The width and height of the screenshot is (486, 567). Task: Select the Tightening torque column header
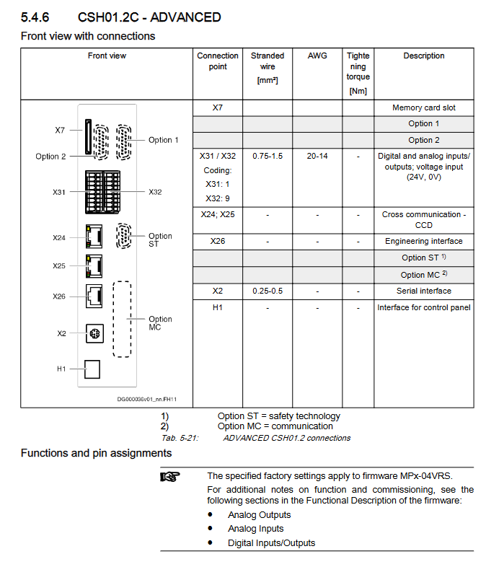pos(358,72)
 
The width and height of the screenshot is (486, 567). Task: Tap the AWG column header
pos(317,56)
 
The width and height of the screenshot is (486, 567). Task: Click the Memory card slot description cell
pos(423,107)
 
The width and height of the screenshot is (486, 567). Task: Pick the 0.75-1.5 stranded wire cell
pos(268,156)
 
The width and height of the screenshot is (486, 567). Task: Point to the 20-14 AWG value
pos(317,156)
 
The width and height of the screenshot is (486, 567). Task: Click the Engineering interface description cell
pos(423,241)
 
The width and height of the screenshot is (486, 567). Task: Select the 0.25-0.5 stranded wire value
pos(268,291)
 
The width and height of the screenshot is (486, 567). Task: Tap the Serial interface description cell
pos(423,291)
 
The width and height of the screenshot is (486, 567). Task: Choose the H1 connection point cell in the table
pos(217,307)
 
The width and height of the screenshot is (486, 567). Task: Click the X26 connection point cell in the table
pos(217,241)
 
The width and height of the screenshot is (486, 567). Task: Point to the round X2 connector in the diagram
pos(92,333)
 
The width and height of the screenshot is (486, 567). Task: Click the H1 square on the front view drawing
pos(92,369)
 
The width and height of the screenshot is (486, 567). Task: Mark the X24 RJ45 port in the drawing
pos(93,235)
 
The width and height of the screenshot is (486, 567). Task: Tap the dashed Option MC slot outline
pos(122,319)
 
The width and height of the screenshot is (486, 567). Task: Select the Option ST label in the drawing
pos(160,239)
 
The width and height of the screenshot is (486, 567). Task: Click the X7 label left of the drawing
pos(60,131)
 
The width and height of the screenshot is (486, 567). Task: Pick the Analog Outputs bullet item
pos(259,515)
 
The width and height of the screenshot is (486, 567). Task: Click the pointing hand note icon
pos(169,476)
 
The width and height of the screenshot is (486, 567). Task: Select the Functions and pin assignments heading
pos(96,453)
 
